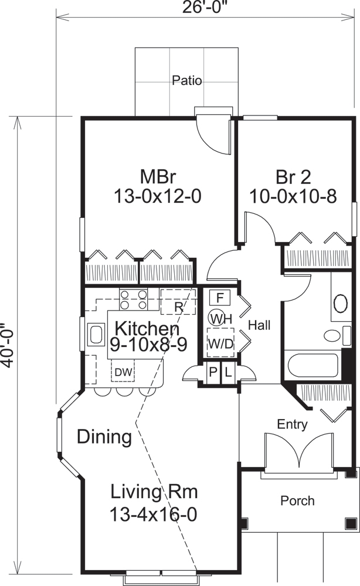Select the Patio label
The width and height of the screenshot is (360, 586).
pyautogui.click(x=187, y=81)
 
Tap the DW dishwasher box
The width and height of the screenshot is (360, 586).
pyautogui.click(x=123, y=372)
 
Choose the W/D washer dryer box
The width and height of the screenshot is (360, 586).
pyautogui.click(x=220, y=343)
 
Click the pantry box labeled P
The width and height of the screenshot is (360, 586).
pyautogui.click(x=213, y=372)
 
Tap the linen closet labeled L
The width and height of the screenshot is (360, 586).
pyautogui.click(x=227, y=372)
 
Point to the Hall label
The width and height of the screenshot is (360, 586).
pyautogui.click(x=259, y=325)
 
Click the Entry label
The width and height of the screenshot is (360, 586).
pyautogui.click(x=292, y=424)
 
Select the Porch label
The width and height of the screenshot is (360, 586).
pyautogui.click(x=297, y=501)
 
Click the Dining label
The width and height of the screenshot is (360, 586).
pyautogui.click(x=104, y=437)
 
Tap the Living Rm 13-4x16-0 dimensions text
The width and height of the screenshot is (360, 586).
pyautogui.click(x=152, y=515)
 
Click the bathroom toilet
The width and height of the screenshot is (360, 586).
pyautogui.click(x=333, y=336)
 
